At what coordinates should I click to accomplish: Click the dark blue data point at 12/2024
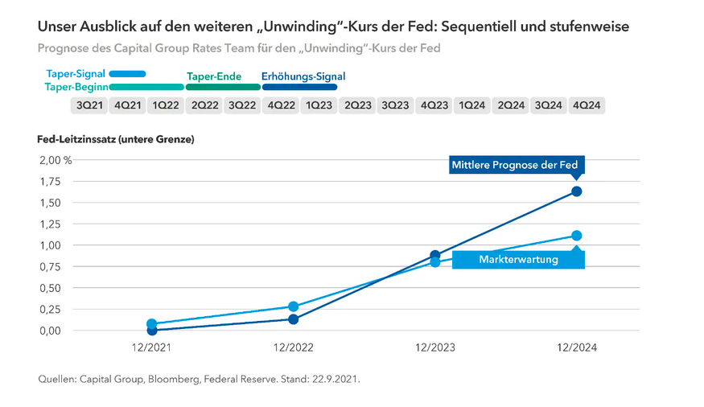click(x=576, y=191)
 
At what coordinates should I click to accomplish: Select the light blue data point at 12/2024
click(x=576, y=236)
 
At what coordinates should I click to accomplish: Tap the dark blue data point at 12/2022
click(x=294, y=319)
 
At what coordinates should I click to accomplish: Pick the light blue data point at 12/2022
click(x=294, y=306)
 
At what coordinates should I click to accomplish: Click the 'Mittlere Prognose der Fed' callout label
click(x=514, y=166)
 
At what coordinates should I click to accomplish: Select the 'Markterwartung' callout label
click(x=517, y=260)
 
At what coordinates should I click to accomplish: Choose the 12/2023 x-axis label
click(x=434, y=347)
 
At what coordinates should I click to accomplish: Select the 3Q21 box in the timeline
click(x=89, y=105)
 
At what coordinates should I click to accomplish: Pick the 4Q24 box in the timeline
click(x=587, y=105)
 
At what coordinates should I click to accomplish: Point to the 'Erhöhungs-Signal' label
click(x=303, y=76)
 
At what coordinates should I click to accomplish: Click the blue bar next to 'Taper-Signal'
click(x=128, y=74)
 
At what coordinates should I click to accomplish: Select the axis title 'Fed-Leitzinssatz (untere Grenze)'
click(x=116, y=139)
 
